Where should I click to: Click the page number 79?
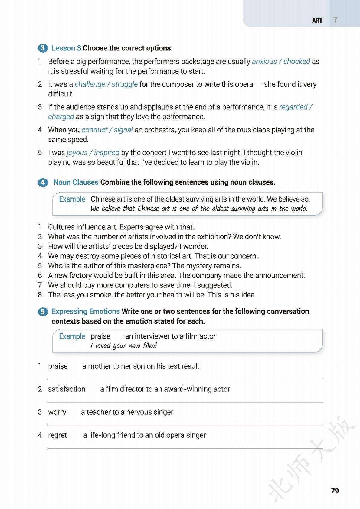(335, 491)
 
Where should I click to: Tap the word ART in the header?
(317, 21)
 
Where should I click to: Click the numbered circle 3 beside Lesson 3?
(43, 48)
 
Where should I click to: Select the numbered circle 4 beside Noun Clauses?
(43, 183)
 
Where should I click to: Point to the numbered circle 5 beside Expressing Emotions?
(43, 312)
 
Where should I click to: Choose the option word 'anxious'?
(264, 61)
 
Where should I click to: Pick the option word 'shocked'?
(296, 61)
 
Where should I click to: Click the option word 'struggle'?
(125, 84)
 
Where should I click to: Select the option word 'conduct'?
(94, 130)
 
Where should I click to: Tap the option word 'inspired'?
(106, 153)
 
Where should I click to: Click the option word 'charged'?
(61, 117)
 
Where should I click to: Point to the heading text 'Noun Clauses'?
(76, 182)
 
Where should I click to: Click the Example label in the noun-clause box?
(72, 199)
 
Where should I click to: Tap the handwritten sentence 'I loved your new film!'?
(123, 345)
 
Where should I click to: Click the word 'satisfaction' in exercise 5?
(67, 389)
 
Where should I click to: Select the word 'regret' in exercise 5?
(57, 435)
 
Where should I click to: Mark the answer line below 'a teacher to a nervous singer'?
(185, 425)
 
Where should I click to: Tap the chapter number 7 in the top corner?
(335, 20)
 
